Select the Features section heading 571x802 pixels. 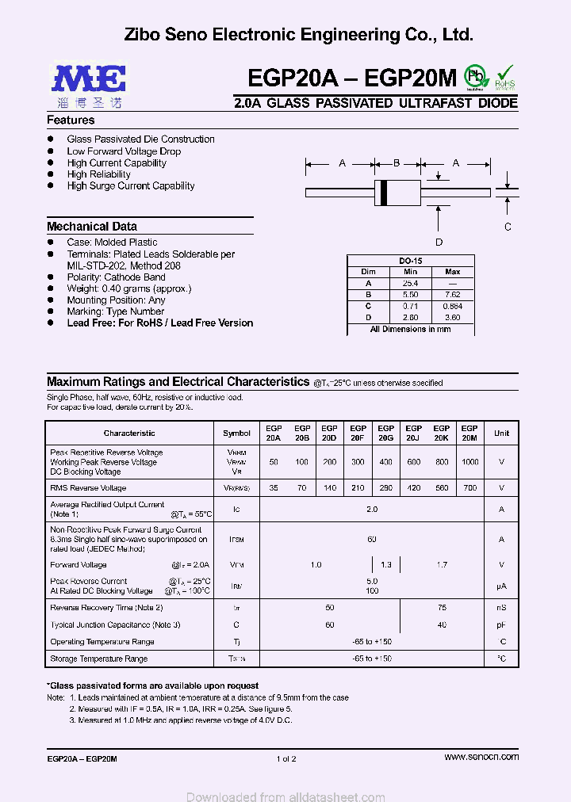(x=71, y=120)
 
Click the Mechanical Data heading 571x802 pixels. (x=92, y=227)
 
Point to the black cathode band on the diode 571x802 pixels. (x=385, y=192)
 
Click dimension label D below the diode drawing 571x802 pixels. (x=439, y=243)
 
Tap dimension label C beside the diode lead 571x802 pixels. (x=508, y=227)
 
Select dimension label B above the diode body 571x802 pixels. (x=397, y=163)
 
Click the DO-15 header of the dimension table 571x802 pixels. (x=410, y=261)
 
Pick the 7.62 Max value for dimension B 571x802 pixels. (x=452, y=294)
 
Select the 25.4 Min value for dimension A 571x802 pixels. (x=410, y=283)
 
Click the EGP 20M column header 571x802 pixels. (x=469, y=433)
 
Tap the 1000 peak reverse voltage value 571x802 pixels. (x=469, y=462)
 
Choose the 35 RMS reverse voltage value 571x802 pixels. (x=274, y=488)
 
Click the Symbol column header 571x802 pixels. (x=236, y=433)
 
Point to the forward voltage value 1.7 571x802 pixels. (x=442, y=565)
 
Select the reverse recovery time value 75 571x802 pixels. (x=442, y=608)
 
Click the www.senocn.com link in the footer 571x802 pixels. (x=481, y=758)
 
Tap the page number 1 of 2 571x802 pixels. (x=286, y=758)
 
